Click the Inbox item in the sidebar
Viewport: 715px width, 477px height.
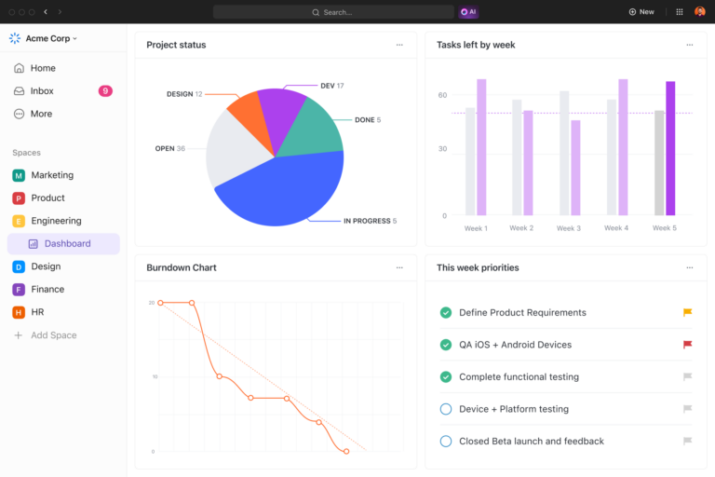pyautogui.click(x=42, y=91)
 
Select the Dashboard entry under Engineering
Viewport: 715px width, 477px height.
pyautogui.click(x=67, y=244)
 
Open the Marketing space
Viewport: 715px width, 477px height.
pyautogui.click(x=52, y=175)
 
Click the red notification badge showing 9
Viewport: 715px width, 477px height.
pyautogui.click(x=105, y=91)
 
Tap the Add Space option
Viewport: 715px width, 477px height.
pyautogui.click(x=53, y=335)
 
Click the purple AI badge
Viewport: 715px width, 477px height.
pyautogui.click(x=469, y=12)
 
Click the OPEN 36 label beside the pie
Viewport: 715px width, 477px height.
pyautogui.click(x=169, y=149)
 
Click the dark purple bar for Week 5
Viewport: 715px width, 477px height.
pyautogui.click(x=670, y=148)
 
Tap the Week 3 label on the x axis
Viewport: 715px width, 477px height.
pyautogui.click(x=569, y=228)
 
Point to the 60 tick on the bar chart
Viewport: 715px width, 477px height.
pyautogui.click(x=442, y=95)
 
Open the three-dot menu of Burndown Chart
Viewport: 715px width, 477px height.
pyautogui.click(x=399, y=267)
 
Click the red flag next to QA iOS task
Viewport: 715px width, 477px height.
pyautogui.click(x=687, y=345)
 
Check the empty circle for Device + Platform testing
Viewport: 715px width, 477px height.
pyautogui.click(x=445, y=409)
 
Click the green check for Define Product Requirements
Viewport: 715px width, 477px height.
pyautogui.click(x=445, y=313)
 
